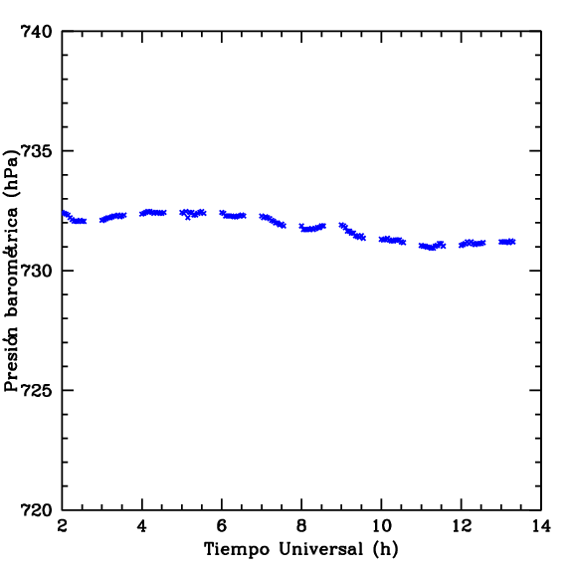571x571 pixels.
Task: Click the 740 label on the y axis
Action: pos(37,31)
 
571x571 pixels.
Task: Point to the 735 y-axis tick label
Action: pos(37,151)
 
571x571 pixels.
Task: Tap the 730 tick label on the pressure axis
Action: pos(37,271)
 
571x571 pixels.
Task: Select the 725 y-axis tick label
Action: pos(37,390)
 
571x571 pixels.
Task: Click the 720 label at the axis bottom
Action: pos(37,510)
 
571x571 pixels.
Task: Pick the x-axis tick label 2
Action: pos(63,526)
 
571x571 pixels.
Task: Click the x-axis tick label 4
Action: pos(142,526)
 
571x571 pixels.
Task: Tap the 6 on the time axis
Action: pos(222,526)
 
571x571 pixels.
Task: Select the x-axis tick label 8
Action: pos(301,526)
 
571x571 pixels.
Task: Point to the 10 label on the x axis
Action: pos(381,526)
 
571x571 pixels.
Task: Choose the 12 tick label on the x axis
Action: pos(462,526)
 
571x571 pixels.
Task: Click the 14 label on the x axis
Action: pos(541,526)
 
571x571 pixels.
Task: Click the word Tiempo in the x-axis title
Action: pos(237,549)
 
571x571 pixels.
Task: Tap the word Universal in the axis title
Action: pos(321,549)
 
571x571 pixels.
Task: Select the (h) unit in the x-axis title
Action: pos(385,549)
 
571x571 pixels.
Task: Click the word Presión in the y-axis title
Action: pos(11,359)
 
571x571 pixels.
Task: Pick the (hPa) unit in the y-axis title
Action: pos(11,173)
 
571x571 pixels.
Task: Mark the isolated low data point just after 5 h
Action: pos(188,218)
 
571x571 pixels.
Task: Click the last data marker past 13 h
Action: pos(512,242)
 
